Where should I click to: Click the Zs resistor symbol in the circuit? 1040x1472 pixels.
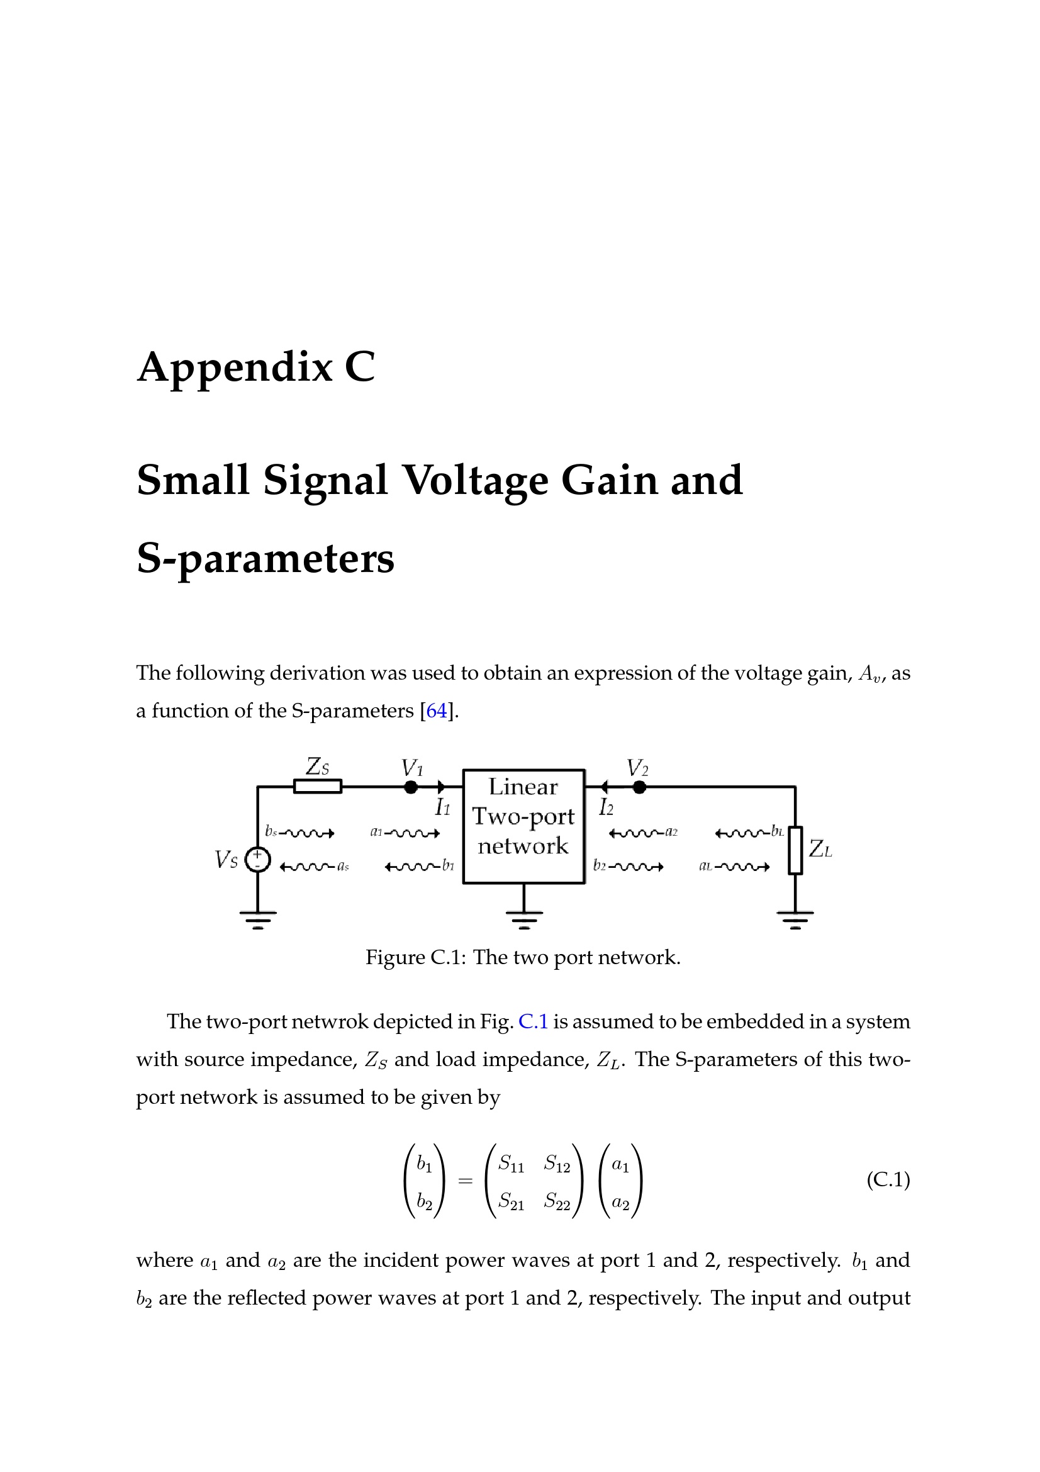point(317,786)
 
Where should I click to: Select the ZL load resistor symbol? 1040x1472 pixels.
point(795,850)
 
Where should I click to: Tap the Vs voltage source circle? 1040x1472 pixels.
point(257,860)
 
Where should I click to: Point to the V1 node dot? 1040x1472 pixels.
point(411,787)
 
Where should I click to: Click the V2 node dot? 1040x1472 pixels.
point(639,787)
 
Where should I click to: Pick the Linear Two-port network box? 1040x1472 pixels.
point(523,826)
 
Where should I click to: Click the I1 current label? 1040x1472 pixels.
point(443,807)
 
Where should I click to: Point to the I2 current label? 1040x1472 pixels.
point(606,807)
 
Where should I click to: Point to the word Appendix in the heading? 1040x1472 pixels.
point(235,369)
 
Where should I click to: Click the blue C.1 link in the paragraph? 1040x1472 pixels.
point(533,1021)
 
